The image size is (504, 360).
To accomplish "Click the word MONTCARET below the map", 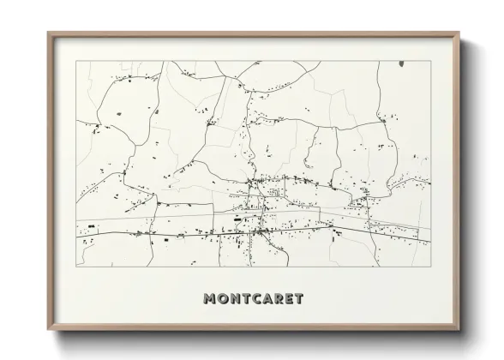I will pyautogui.click(x=253, y=298).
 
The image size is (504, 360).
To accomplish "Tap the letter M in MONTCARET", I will pyautogui.click(x=210, y=298).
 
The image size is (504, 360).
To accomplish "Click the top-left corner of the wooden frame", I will pyautogui.click(x=48, y=33).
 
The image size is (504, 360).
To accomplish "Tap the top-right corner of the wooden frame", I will pyautogui.click(x=459, y=33).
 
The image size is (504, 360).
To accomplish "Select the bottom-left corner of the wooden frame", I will pyautogui.click(x=48, y=331).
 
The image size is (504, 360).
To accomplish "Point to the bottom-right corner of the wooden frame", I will pyautogui.click(x=459, y=331).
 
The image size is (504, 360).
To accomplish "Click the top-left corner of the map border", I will pyautogui.click(x=76, y=61).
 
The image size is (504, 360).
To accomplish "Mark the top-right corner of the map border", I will pyautogui.click(x=430, y=61).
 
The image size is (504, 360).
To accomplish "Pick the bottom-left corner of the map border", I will pyautogui.click(x=76, y=269).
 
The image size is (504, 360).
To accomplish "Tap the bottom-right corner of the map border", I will pyautogui.click(x=430, y=269).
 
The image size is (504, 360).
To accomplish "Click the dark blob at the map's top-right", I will pyautogui.click(x=401, y=63).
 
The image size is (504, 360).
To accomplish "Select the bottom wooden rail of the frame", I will pyautogui.click(x=253, y=329).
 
